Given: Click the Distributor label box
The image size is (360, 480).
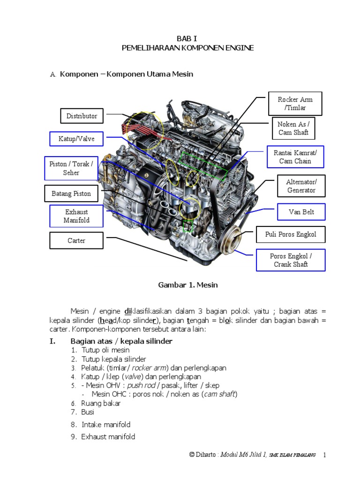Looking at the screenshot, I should pos(82,116).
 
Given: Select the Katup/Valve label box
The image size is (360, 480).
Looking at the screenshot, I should pos(76,139).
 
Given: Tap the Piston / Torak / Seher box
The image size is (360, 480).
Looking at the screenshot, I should pos(71,168).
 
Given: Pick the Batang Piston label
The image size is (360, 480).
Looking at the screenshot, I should pos(71,194).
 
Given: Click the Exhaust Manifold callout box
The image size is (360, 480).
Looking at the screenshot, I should pos(77,216).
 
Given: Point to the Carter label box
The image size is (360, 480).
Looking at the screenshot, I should pos(76,240).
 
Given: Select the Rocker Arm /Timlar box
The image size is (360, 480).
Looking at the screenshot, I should pos(295,104).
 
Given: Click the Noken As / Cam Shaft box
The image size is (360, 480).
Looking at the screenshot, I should pos(293,128).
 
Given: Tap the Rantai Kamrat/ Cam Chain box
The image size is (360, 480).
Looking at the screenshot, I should pos(295,157).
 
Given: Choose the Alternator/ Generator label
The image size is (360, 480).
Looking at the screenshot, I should pos(301,186).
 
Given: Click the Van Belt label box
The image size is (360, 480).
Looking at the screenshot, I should pos(301,212).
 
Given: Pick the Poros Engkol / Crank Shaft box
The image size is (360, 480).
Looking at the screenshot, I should pos(291,260).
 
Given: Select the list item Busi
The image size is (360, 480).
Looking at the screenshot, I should pos(88,412).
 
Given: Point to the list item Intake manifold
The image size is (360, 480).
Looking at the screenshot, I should pos(106,425).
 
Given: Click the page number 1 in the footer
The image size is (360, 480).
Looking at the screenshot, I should pos(324,455).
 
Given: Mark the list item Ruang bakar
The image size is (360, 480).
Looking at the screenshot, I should pos(101,403).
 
